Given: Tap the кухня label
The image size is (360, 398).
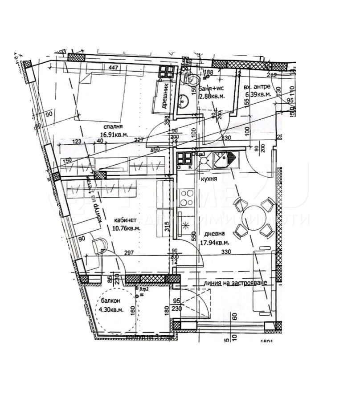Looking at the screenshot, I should tap(209, 179).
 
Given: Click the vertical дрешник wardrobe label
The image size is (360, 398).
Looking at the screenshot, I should tap(164, 97).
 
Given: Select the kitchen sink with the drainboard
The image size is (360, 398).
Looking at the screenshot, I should tap(226, 159).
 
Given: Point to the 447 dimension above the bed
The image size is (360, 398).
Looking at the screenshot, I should tap(115, 68).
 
